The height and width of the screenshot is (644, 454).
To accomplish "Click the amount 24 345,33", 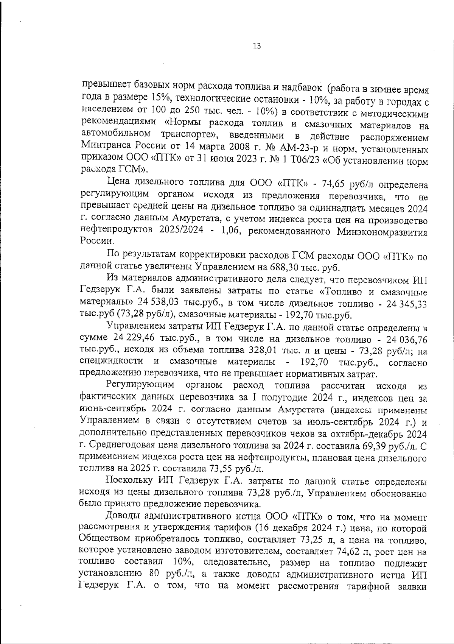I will (x=405, y=304).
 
